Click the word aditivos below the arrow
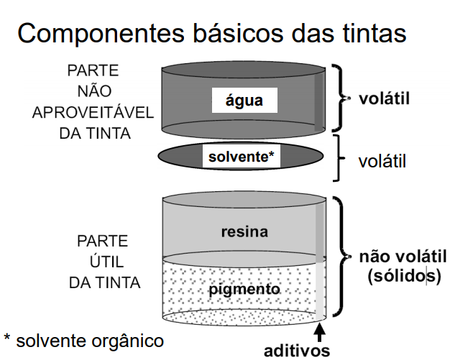[297, 351]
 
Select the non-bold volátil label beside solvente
[382, 161]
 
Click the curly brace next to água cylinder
[338, 98]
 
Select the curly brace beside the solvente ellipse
[336, 157]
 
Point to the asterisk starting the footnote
[7, 338]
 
